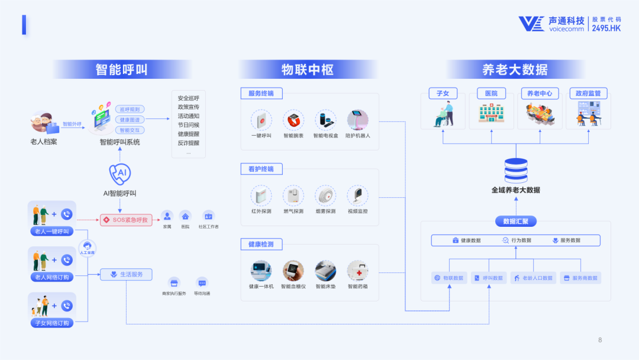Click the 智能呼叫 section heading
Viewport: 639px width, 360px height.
121,70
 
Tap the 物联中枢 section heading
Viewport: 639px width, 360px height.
308,70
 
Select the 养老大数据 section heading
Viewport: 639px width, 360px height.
515,70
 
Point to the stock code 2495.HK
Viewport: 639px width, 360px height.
607,28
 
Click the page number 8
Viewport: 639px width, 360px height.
600,340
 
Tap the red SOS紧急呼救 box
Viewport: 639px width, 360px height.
127,220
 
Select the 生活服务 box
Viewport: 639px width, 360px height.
126,275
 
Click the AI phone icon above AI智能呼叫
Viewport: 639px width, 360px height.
120,173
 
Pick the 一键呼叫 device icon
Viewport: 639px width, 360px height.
262,120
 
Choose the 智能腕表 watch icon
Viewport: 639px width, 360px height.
293,120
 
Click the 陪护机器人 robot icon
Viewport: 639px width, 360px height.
357,120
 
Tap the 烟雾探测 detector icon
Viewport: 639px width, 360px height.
325,195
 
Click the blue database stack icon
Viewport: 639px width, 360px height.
515,171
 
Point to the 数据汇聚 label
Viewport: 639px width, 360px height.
515,221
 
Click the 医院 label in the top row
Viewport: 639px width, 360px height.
491,94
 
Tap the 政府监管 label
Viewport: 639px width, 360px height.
588,94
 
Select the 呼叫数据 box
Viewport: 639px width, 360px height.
489,278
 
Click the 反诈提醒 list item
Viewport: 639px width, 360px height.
188,143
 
